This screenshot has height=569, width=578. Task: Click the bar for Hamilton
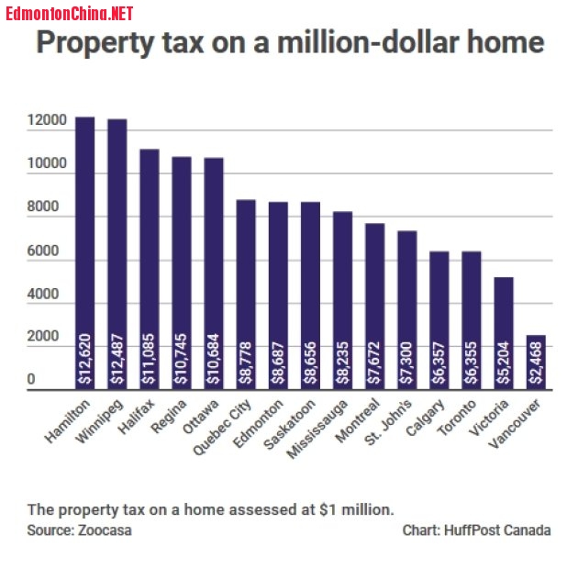tap(84, 252)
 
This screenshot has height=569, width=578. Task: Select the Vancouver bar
tap(536, 362)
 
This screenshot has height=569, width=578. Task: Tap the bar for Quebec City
tap(246, 294)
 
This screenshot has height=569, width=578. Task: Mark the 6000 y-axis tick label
tap(46, 251)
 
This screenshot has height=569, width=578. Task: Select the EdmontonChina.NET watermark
tap(70, 13)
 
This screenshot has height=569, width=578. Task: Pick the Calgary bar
tap(439, 320)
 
